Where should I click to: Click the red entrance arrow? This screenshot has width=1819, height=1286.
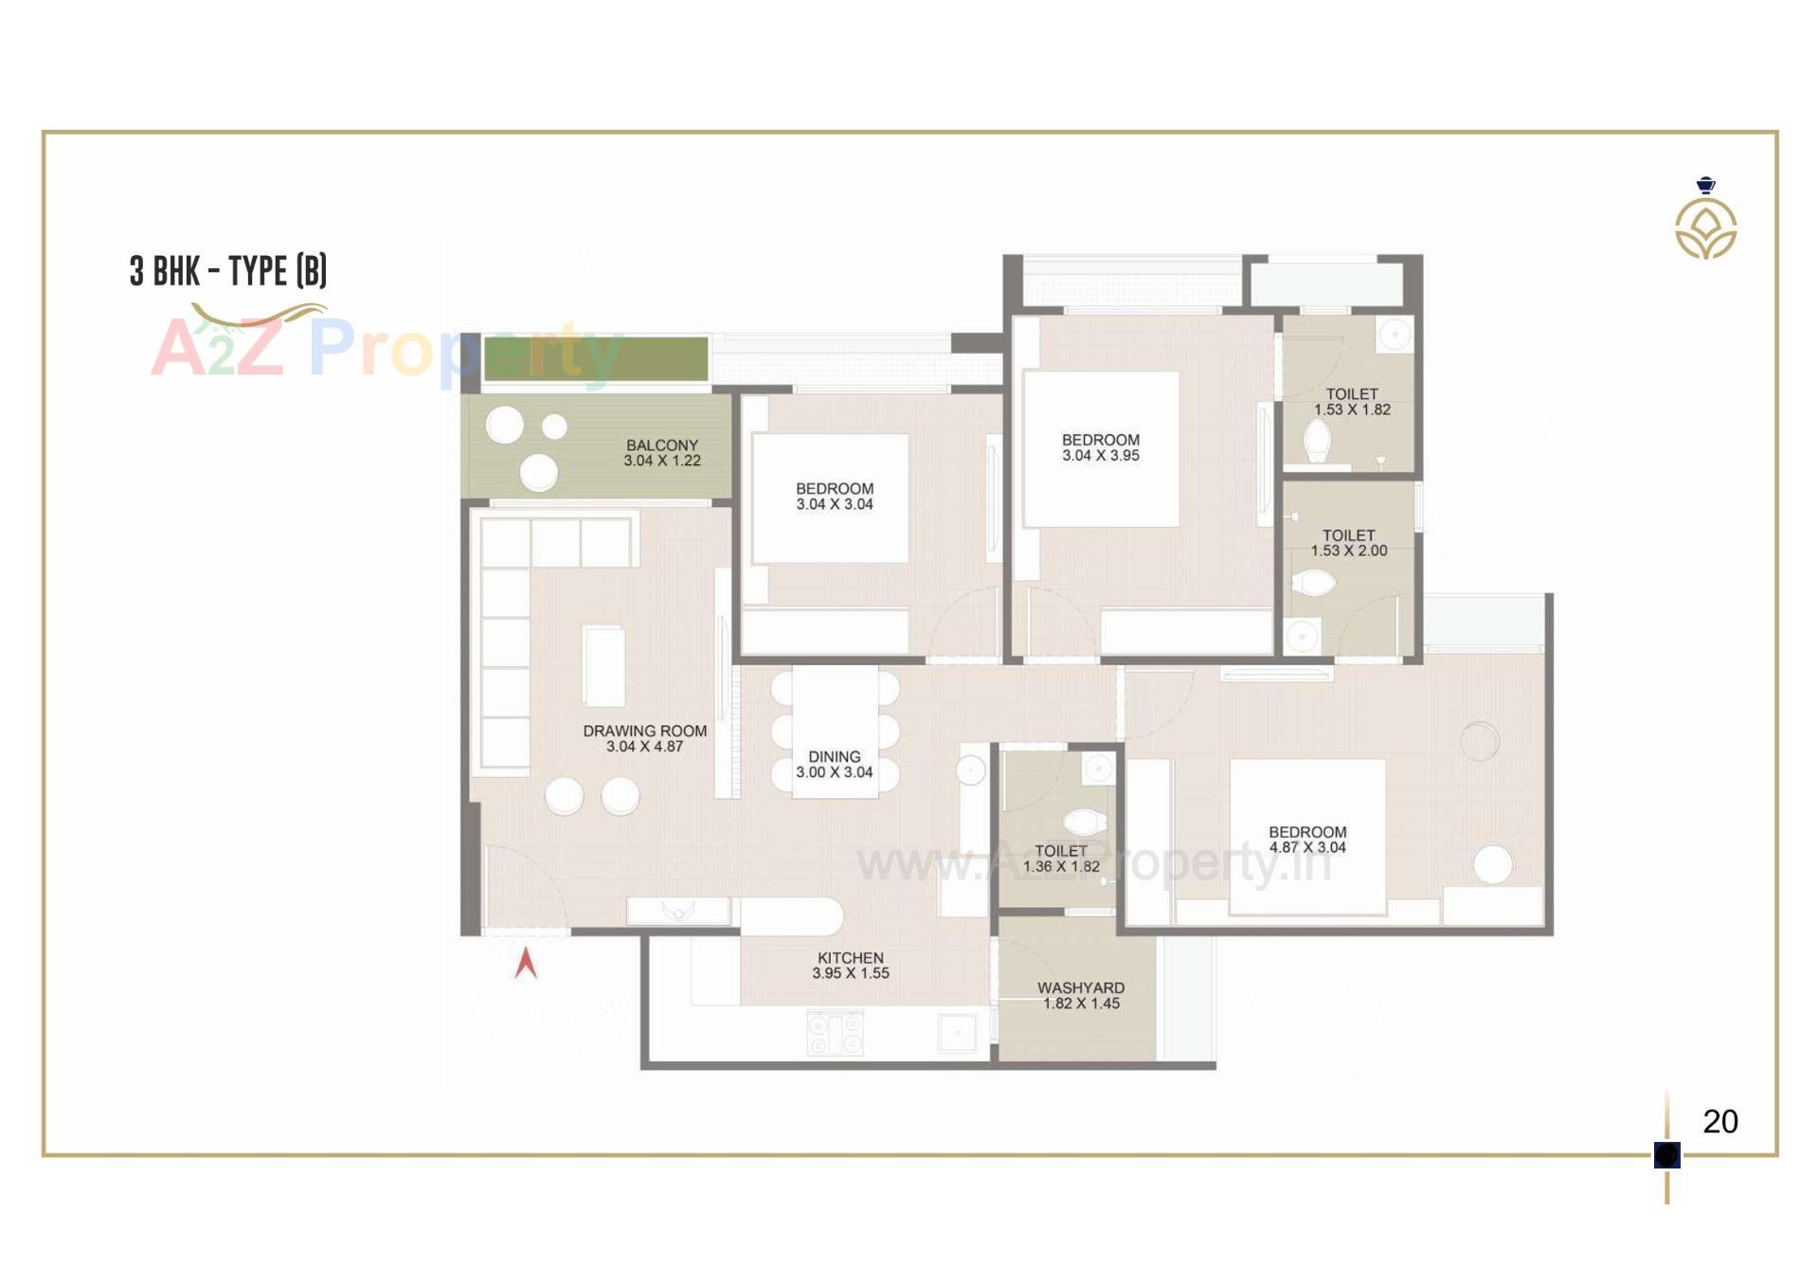pyautogui.click(x=526, y=964)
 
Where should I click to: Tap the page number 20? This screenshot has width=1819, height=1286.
pyautogui.click(x=1720, y=1122)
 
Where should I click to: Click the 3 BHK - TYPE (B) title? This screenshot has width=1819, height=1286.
pyautogui.click(x=228, y=271)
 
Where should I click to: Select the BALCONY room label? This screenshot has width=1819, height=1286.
pyautogui.click(x=662, y=445)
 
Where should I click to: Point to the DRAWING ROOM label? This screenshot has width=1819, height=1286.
pyautogui.click(x=644, y=732)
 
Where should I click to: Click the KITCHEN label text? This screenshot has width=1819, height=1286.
pyautogui.click(x=850, y=958)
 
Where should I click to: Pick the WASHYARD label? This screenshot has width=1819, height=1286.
pyautogui.click(x=1081, y=988)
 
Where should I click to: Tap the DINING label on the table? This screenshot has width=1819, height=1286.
pyautogui.click(x=834, y=757)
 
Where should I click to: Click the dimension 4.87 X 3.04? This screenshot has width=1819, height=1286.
pyautogui.click(x=1307, y=848)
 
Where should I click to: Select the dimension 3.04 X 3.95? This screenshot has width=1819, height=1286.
pyautogui.click(x=1101, y=456)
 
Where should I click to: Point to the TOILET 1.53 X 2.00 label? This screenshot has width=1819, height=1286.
pyautogui.click(x=1348, y=543)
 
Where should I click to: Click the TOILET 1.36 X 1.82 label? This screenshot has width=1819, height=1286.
pyautogui.click(x=1061, y=859)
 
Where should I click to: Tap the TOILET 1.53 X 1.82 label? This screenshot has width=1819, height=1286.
pyautogui.click(x=1352, y=402)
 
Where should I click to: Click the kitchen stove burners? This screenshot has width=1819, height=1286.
pyautogui.click(x=835, y=1032)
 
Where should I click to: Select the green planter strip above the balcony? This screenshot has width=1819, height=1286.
pyautogui.click(x=596, y=359)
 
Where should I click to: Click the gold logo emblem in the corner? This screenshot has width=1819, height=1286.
pyautogui.click(x=1705, y=227)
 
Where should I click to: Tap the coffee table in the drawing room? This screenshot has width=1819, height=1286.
pyautogui.click(x=603, y=665)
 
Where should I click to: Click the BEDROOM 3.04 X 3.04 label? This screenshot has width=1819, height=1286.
pyautogui.click(x=835, y=497)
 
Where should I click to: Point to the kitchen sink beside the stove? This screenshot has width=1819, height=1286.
pyautogui.click(x=957, y=1032)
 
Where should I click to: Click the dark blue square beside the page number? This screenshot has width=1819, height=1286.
pyautogui.click(x=1666, y=1155)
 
